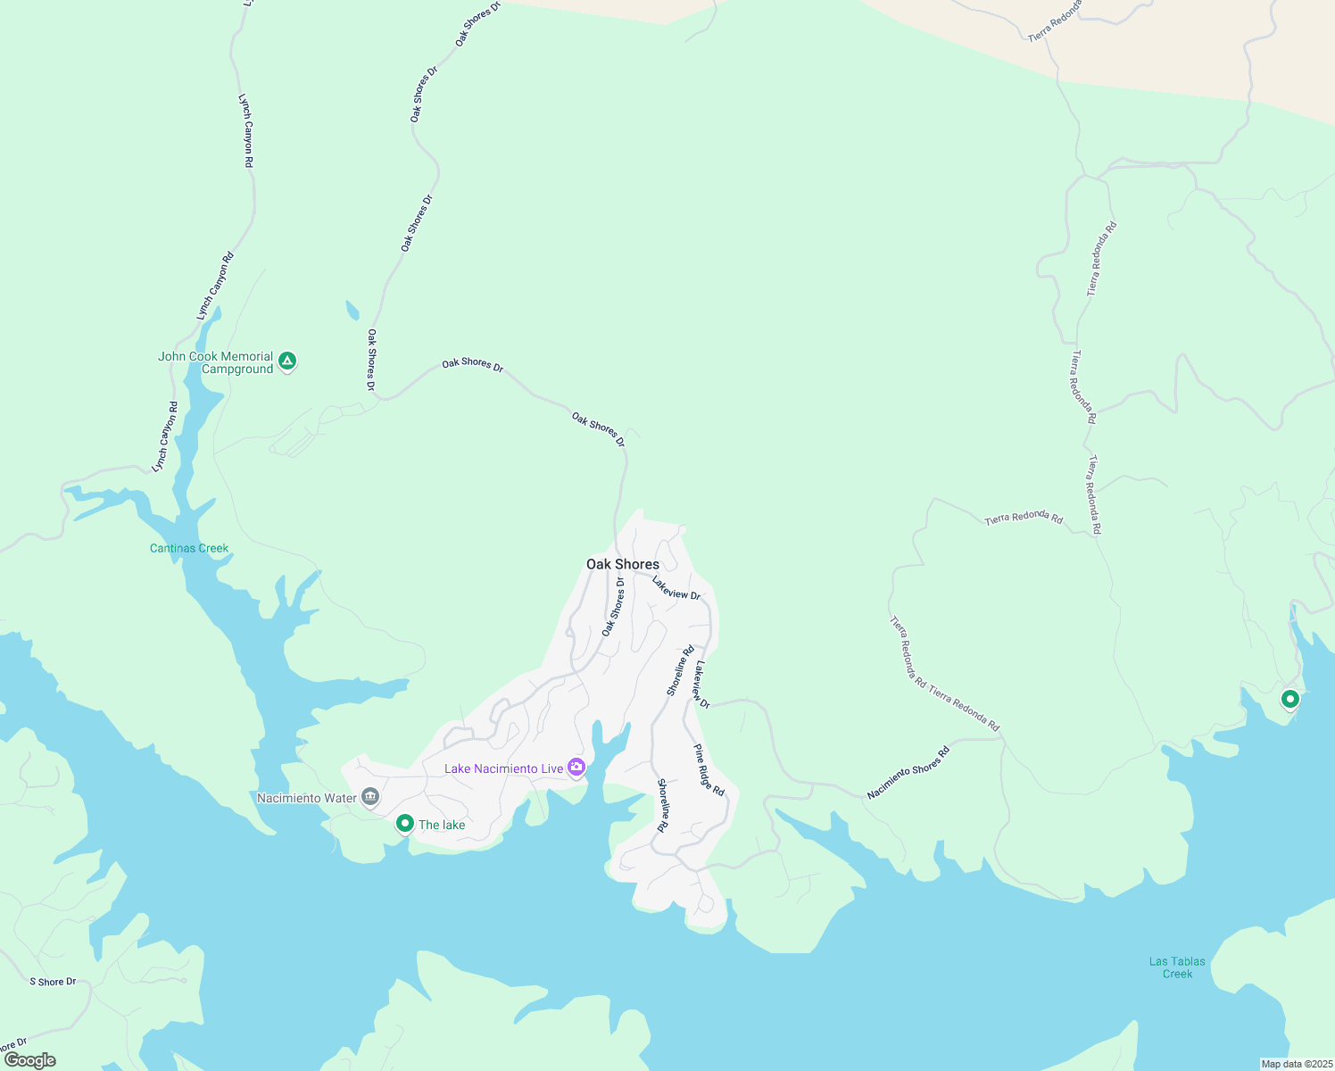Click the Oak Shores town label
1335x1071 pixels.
coord(623,564)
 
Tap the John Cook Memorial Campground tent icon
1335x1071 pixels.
coord(286,361)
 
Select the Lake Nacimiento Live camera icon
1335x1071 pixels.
coord(576,768)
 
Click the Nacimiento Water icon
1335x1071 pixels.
coord(370,797)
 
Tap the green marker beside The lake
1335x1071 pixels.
coord(404,824)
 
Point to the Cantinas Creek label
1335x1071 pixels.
coord(189,548)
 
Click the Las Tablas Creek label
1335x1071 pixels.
coord(1177,967)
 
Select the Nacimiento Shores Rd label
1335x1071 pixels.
coord(908,772)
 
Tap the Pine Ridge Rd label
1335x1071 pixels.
coord(709,770)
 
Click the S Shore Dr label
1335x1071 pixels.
coord(53,982)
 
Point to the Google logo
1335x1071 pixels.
coord(30,1060)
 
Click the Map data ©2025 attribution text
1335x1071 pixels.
coord(1296,1064)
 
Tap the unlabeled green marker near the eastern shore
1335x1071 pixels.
coord(1289,700)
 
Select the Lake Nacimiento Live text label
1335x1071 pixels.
coord(504,768)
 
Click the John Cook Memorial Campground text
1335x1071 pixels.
coord(216,362)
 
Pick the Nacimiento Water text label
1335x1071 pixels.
coord(307,798)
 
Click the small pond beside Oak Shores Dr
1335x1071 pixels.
coord(352,311)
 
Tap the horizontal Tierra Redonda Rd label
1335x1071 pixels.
coord(1024,519)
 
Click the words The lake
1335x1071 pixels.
coord(442,825)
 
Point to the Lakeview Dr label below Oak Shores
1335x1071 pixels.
coord(676,588)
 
